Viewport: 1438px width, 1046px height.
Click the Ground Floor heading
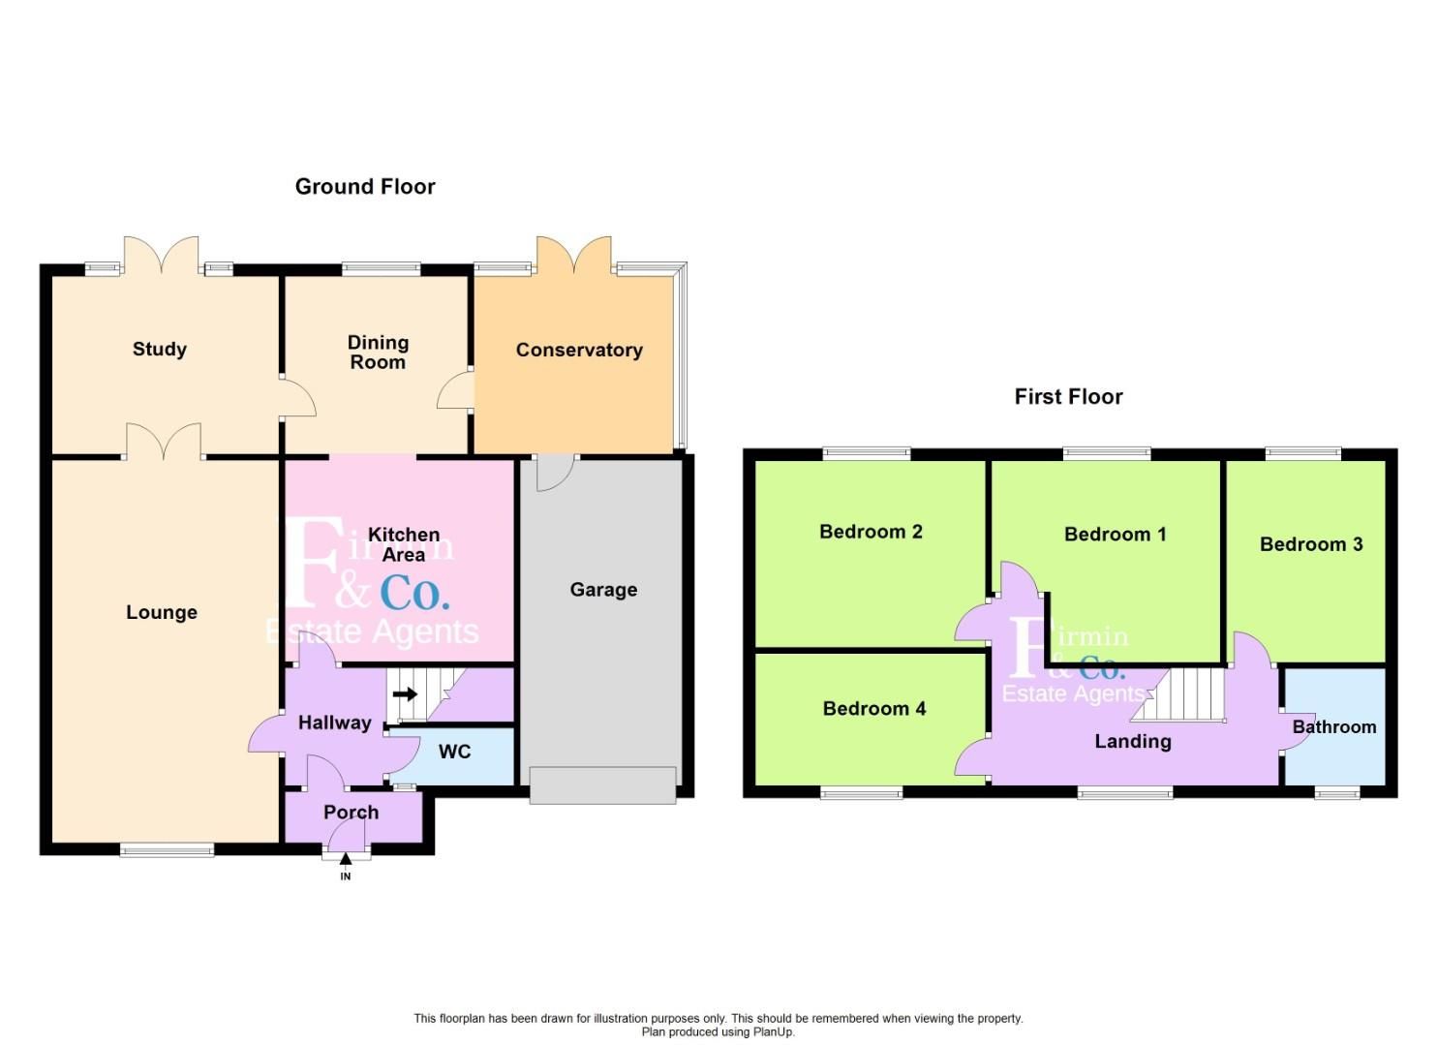365,187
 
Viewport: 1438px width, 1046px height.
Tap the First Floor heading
1068,397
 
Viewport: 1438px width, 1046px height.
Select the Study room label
160,350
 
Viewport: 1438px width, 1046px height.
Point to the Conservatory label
579,351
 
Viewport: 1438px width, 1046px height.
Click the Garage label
603,590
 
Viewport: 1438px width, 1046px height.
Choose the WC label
455,752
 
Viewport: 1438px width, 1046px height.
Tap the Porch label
352,813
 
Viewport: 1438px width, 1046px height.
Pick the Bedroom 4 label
874,709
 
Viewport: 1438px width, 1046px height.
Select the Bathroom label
1334,727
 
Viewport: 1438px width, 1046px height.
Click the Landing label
1133,742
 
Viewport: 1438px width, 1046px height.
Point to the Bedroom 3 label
1311,544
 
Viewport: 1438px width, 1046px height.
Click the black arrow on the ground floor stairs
406,693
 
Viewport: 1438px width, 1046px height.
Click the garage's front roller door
602,785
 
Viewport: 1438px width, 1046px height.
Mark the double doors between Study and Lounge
164,444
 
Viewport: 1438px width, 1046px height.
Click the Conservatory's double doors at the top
574,255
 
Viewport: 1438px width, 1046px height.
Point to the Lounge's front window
167,850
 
